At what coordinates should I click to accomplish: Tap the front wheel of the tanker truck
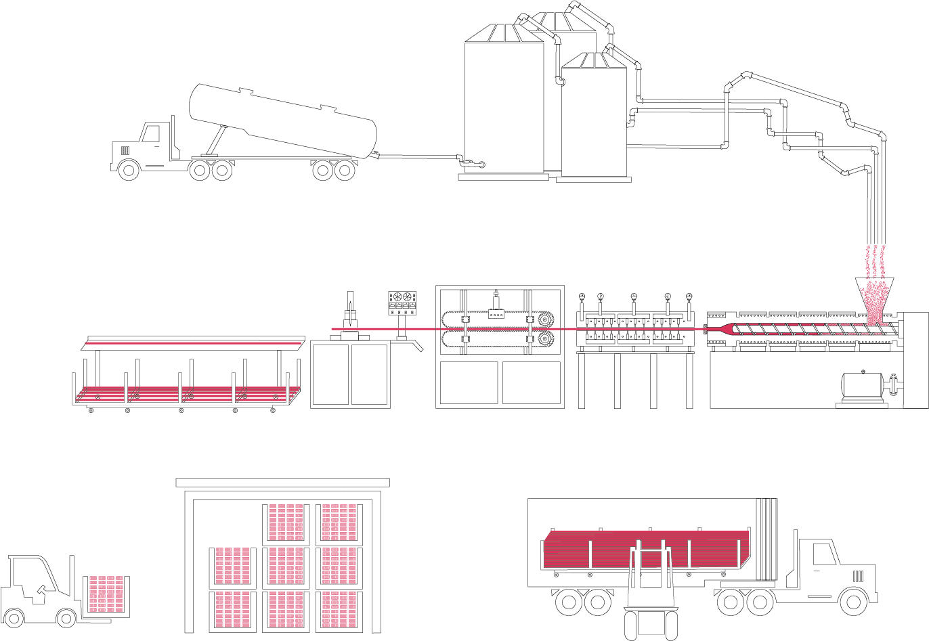[129, 169]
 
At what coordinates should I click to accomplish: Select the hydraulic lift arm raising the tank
[215, 142]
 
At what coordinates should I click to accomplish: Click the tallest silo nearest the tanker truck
[504, 102]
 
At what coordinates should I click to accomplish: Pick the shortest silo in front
[595, 118]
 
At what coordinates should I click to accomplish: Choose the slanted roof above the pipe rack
[192, 344]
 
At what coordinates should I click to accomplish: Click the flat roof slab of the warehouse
[282, 483]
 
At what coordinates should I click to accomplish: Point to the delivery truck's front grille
[858, 576]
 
